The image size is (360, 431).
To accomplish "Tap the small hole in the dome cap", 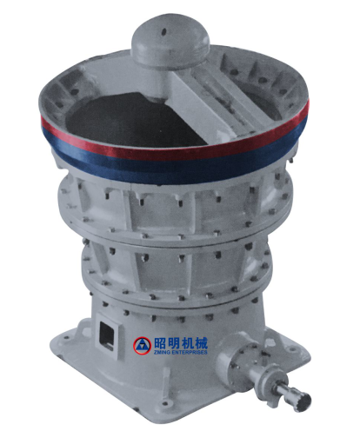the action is click(x=164, y=31).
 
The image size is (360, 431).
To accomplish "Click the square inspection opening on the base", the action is click(x=106, y=336).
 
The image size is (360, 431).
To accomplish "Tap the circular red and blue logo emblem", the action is click(x=142, y=345).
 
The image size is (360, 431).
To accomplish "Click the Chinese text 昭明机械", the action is click(x=181, y=343).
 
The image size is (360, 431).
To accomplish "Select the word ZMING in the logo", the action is click(x=162, y=352).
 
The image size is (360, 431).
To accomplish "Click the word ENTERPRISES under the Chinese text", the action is click(x=189, y=352).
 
